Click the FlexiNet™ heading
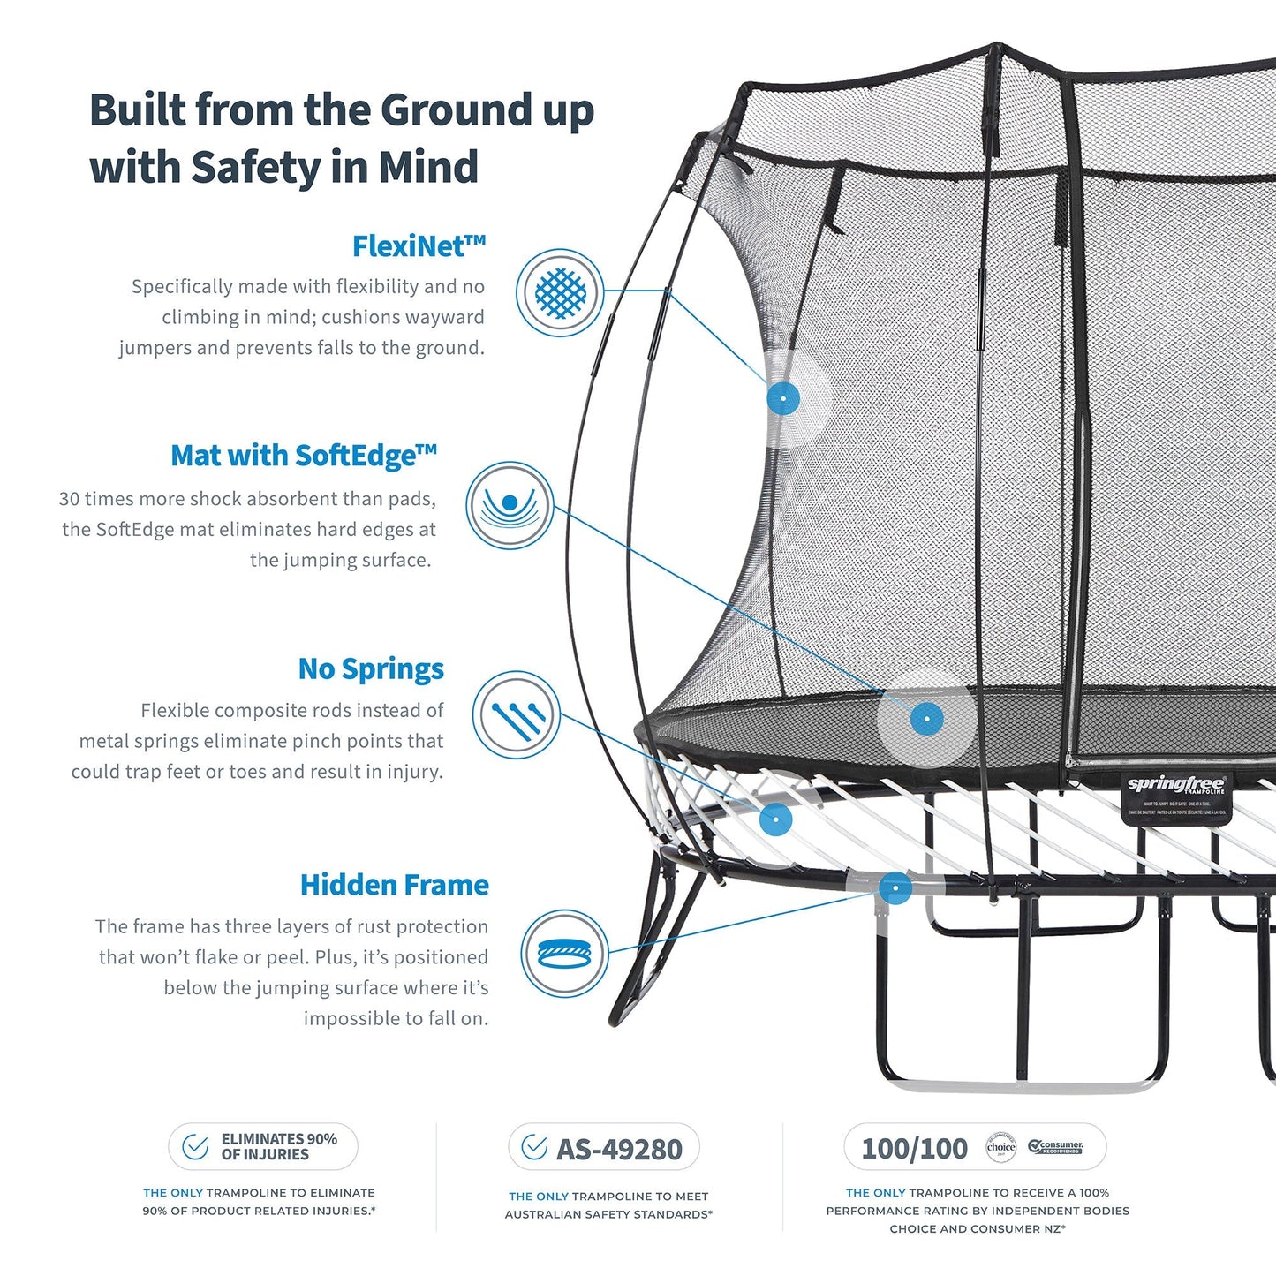(x=419, y=246)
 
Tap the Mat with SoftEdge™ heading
(x=303, y=456)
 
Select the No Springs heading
(x=371, y=669)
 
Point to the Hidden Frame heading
(x=394, y=885)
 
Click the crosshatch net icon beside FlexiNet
(x=560, y=292)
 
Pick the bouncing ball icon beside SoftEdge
(x=510, y=505)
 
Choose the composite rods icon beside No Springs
(x=516, y=715)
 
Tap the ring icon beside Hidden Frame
(x=563, y=954)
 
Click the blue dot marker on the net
(x=783, y=399)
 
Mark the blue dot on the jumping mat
(x=926, y=719)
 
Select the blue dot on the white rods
(x=775, y=819)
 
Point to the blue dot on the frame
(x=895, y=887)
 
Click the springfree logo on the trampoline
(x=1176, y=785)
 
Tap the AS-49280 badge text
(x=619, y=1150)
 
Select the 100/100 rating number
(x=914, y=1149)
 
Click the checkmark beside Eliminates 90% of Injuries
(x=195, y=1147)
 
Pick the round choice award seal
(x=1000, y=1147)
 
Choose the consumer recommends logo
(x=1056, y=1147)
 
